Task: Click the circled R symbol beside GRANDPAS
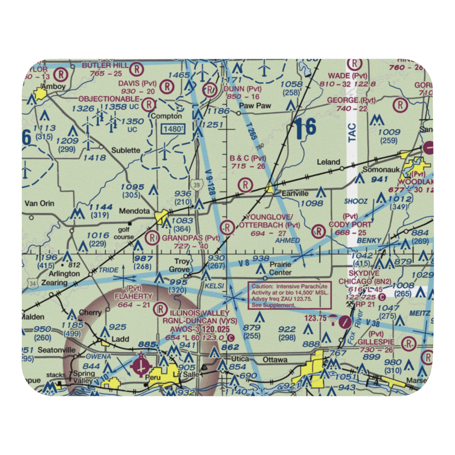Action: (x=152, y=237)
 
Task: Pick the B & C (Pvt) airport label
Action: (x=248, y=158)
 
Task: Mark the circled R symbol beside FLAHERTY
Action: (x=160, y=310)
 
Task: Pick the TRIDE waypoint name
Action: (x=108, y=269)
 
